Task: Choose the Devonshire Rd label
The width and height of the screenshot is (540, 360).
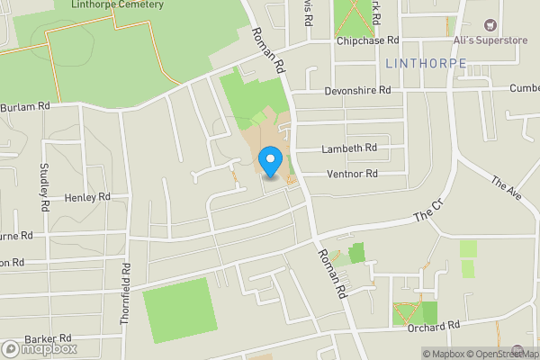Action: point(359,91)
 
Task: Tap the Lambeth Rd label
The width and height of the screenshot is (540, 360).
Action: point(350,148)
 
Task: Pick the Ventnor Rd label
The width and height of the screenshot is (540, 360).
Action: point(352,174)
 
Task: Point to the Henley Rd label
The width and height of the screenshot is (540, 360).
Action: point(87,196)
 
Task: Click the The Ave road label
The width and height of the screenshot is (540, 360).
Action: point(507,190)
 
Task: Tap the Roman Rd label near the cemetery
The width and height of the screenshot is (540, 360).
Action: point(267,49)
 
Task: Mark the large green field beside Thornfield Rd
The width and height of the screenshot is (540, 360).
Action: point(178,310)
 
